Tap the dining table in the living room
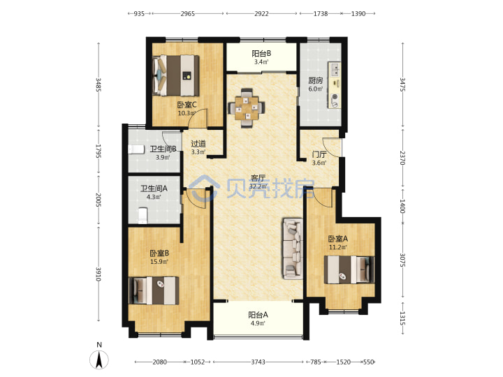click(247, 108)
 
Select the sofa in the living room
click(293, 249)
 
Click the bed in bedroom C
click(176, 75)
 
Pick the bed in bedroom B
click(154, 290)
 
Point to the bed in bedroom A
click(349, 269)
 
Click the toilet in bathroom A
click(143, 215)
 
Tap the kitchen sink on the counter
click(335, 69)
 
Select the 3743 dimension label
click(258, 362)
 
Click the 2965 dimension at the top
click(188, 13)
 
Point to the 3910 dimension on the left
click(99, 274)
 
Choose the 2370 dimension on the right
click(402, 158)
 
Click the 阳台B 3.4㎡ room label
click(261, 57)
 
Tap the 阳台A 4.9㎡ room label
click(258, 318)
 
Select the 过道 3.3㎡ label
click(198, 148)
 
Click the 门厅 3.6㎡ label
click(319, 158)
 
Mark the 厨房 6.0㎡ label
click(316, 84)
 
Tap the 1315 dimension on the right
click(402, 318)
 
